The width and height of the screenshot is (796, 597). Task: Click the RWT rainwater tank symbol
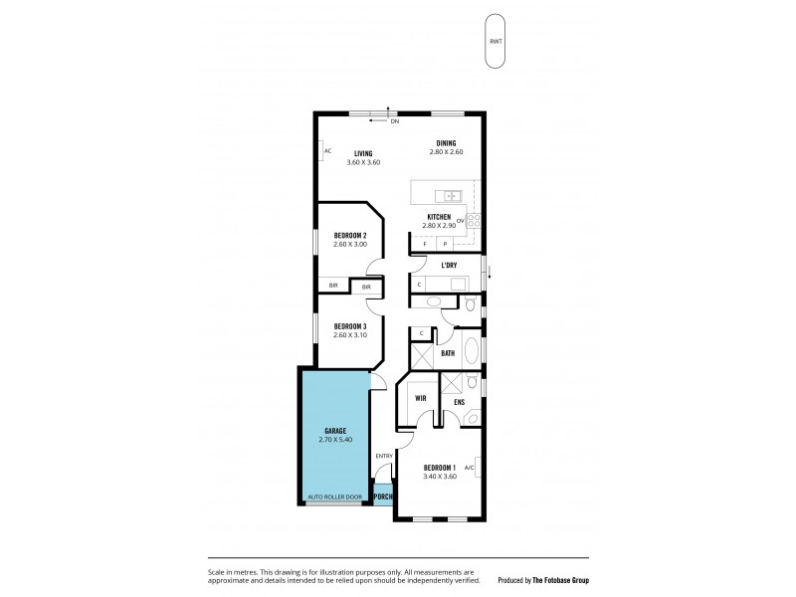pos(495,42)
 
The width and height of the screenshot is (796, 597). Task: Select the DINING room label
pos(446,143)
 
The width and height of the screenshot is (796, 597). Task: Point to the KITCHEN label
pos(439,217)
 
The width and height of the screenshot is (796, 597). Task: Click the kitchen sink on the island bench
pos(451,195)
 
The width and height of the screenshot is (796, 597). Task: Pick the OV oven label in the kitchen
pos(461,219)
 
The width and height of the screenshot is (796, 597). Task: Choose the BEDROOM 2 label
pos(350,235)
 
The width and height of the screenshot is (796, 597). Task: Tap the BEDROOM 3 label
pos(350,326)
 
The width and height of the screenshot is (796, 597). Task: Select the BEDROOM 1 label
pos(440,467)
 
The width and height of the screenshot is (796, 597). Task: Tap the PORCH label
pos(383,497)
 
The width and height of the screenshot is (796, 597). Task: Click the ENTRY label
pos(384,456)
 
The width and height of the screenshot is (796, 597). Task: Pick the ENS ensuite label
pos(459,402)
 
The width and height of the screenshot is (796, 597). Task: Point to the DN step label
pos(394,121)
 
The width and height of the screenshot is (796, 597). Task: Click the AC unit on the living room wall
pos(325,151)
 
